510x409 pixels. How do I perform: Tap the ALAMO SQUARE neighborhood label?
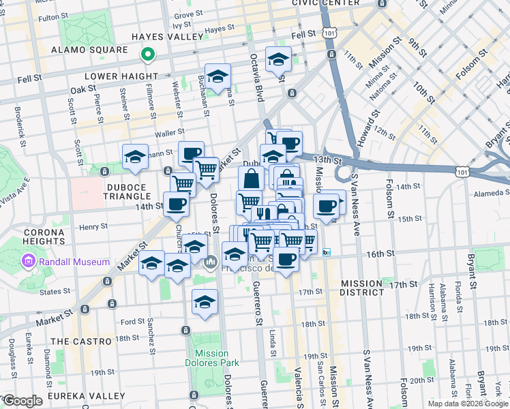tap(90, 50)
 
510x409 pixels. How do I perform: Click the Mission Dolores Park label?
tap(211, 358)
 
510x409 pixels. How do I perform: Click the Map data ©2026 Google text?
tap(468, 404)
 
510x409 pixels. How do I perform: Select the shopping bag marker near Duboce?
tap(251, 179)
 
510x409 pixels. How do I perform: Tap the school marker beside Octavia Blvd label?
tap(278, 60)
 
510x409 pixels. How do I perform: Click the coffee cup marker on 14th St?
tap(176, 203)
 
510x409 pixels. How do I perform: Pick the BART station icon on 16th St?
tap(327, 252)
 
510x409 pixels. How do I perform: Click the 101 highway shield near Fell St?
tap(330, 33)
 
